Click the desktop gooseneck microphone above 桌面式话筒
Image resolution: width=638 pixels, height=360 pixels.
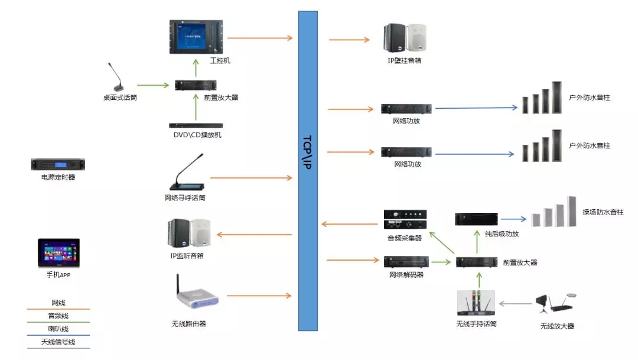pyautogui.click(x=117, y=77)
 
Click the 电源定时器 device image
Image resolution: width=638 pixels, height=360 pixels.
pyautogui.click(x=58, y=164)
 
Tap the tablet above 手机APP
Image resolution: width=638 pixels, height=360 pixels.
pyautogui.click(x=58, y=253)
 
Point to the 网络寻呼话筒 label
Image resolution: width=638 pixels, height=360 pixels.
pyautogui.click(x=185, y=198)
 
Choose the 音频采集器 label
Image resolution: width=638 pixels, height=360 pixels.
pyautogui.click(x=405, y=238)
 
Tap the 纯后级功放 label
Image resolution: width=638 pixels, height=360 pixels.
pyautogui.click(x=502, y=233)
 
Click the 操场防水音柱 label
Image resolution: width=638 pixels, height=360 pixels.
pyautogui.click(x=603, y=212)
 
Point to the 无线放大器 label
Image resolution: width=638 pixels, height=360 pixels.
pyautogui.click(x=557, y=326)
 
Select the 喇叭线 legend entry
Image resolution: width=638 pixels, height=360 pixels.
pyautogui.click(x=58, y=328)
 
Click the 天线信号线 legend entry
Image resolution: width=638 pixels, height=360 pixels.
pyautogui.click(x=58, y=342)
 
